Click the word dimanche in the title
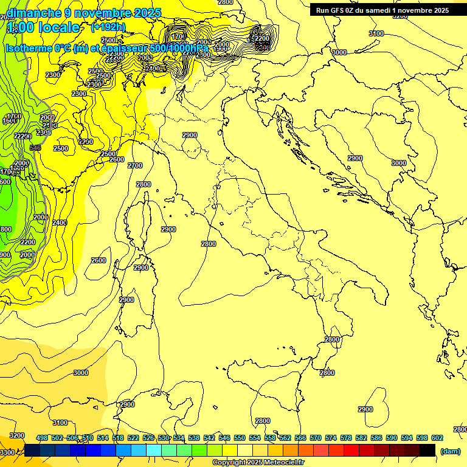(x=33, y=13)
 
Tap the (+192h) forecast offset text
(x=108, y=27)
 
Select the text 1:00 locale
(x=43, y=27)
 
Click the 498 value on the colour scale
(x=42, y=438)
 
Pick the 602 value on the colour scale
(x=437, y=438)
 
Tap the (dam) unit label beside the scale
(x=451, y=451)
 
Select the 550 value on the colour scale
(x=240, y=438)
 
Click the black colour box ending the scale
(x=427, y=451)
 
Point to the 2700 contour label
(x=135, y=165)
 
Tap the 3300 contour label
(x=7, y=452)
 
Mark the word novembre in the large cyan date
(x=100, y=13)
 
